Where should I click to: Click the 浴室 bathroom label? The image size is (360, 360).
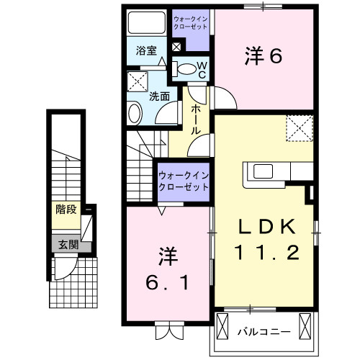pyautogui.click(x=146, y=52)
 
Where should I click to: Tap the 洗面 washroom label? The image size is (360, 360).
pyautogui.click(x=160, y=95)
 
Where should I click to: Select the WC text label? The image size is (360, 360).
pyautogui.click(x=202, y=69)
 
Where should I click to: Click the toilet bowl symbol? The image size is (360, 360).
pyautogui.click(x=186, y=70)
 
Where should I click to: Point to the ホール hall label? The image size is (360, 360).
pyautogui.click(x=196, y=120)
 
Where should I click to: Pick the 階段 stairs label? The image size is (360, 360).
pyautogui.click(x=66, y=210)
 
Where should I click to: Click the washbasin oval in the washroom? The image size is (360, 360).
pyautogui.click(x=135, y=114)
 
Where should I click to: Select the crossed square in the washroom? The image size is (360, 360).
pyautogui.click(x=137, y=80)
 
